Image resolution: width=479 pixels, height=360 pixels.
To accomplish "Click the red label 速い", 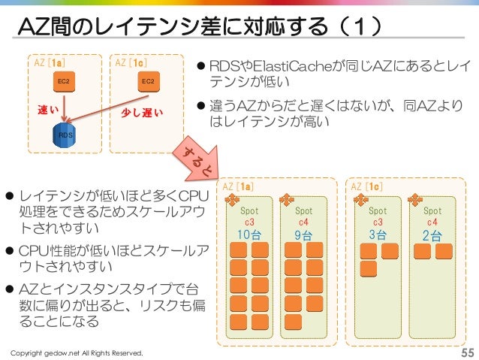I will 50,110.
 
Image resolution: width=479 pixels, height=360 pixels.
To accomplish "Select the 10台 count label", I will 249,234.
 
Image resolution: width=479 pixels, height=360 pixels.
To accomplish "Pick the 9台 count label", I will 304,234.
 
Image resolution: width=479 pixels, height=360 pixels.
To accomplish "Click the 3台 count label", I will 378,234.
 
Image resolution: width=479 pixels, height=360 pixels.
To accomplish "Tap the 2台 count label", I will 432,234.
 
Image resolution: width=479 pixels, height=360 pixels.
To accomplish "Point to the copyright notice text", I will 75,353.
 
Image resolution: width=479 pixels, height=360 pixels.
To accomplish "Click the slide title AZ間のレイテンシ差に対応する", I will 203,28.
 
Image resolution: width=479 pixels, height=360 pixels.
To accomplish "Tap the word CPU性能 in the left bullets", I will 53,250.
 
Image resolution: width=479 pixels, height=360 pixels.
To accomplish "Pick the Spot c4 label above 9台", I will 304,216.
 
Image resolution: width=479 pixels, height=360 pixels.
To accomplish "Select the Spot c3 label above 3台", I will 378,216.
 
